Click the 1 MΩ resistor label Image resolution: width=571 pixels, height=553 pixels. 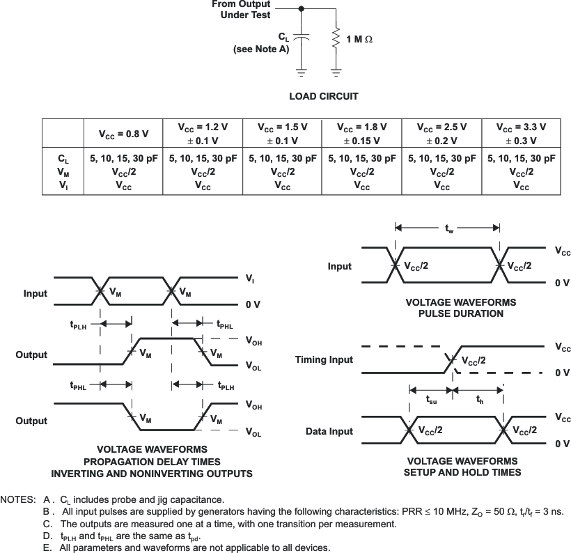click(359, 40)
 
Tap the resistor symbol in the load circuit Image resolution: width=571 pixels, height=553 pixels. click(336, 38)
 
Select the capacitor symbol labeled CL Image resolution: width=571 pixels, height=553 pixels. click(301, 38)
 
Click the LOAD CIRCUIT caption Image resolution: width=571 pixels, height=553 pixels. click(324, 96)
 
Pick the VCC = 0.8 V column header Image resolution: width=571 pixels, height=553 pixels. click(122, 132)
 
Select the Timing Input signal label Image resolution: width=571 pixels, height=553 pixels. click(324, 359)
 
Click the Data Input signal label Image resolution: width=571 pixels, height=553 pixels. click(329, 431)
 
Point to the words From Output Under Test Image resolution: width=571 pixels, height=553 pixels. click(242, 9)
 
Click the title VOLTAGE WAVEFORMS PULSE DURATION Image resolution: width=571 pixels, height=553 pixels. click(461, 308)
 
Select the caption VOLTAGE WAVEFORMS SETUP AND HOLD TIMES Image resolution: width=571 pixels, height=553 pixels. click(462, 467)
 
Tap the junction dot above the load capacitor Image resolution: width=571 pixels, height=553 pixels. click(301, 9)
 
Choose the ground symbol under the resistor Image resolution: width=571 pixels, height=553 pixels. click(336, 71)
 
